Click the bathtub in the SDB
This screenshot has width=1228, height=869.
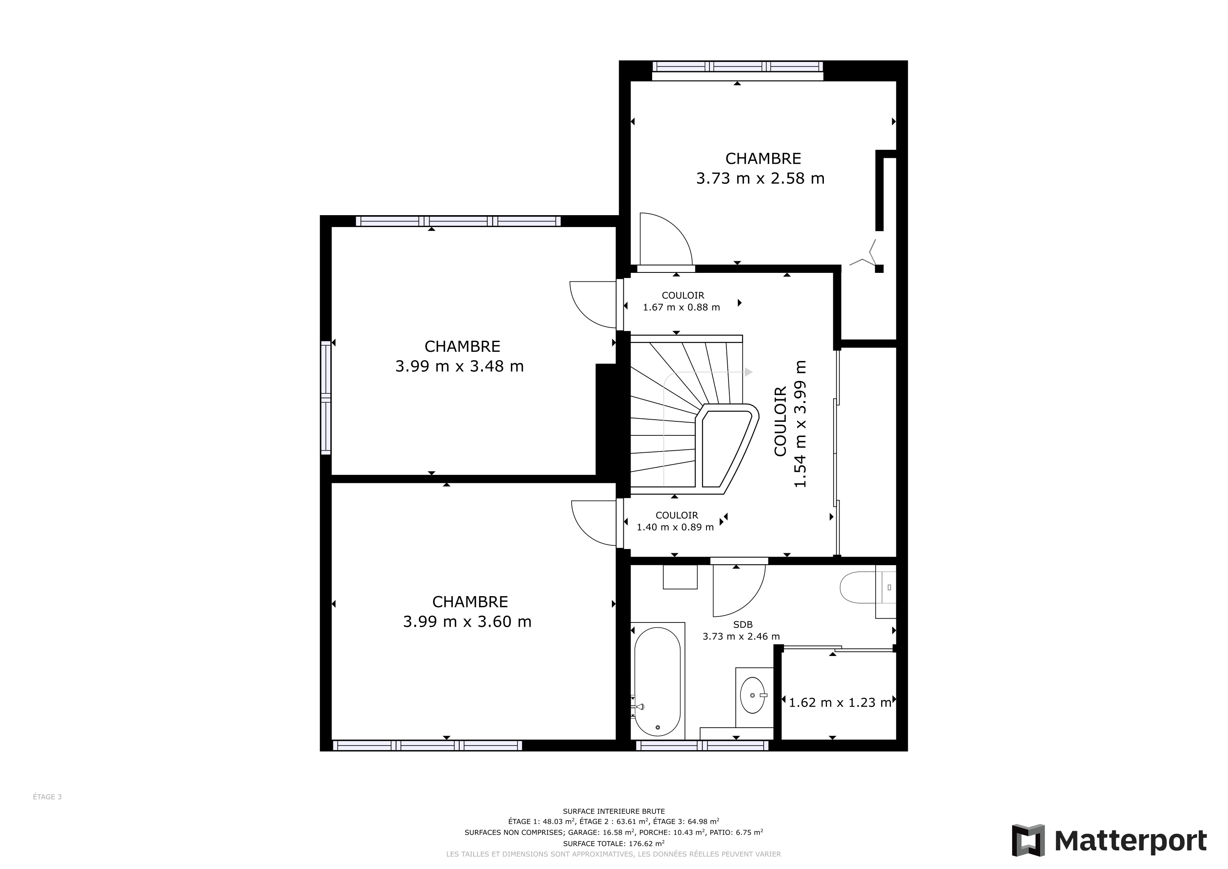coord(657,681)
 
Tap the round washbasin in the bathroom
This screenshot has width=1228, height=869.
coord(753,695)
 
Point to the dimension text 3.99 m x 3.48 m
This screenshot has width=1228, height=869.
coord(459,366)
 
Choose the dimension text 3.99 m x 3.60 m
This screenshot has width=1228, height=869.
coord(467,621)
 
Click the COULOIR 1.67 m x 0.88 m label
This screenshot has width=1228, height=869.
coord(681,301)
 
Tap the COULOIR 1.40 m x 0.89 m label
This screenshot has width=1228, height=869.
coord(675,521)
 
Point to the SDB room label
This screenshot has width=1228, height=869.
coord(743,625)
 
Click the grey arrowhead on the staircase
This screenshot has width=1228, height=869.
coord(749,372)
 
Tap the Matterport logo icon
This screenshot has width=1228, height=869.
coord(1028,840)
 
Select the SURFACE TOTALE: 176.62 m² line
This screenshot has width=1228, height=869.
coord(614,843)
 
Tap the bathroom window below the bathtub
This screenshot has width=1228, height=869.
coord(702,746)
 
